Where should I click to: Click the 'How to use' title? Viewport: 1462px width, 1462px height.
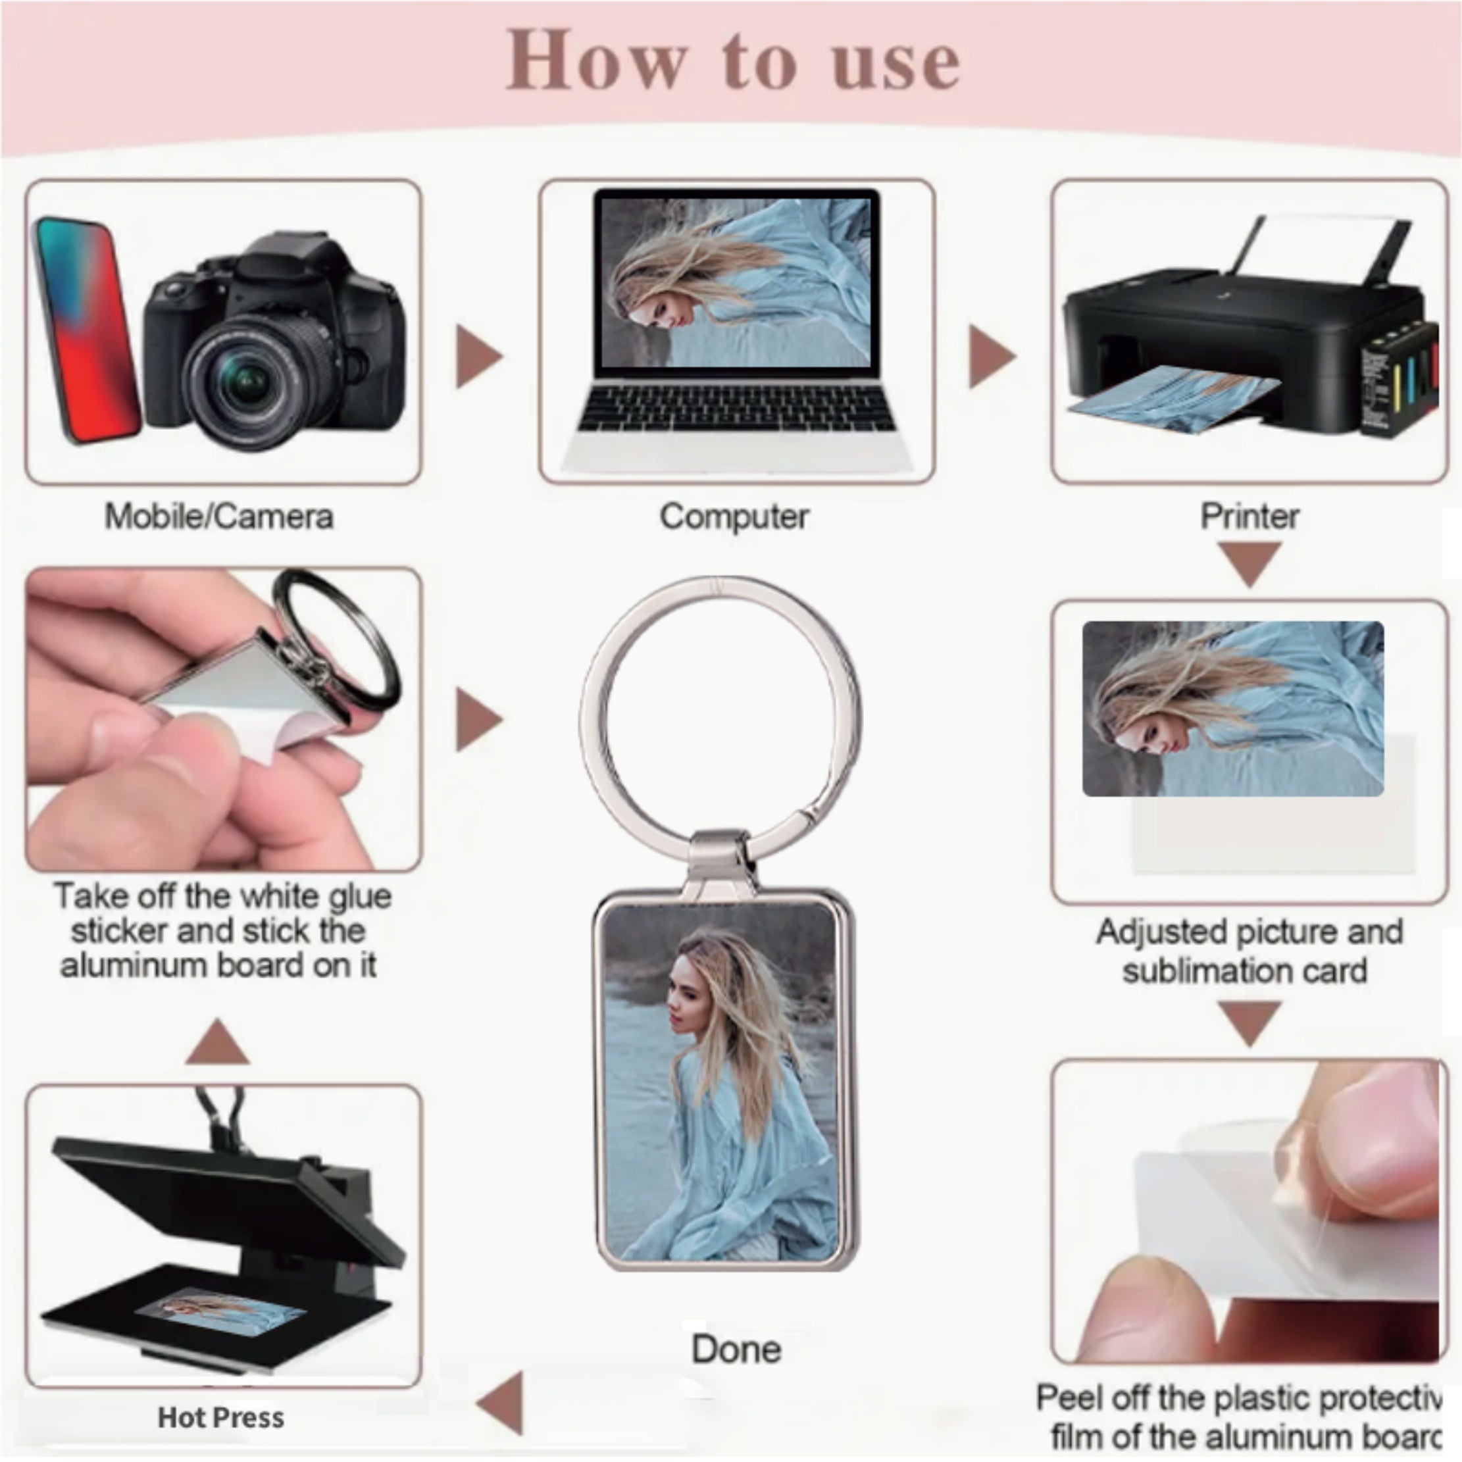pos(732,63)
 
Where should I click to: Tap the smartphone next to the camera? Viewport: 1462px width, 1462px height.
pos(85,331)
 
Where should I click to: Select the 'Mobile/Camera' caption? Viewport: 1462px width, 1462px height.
pos(218,517)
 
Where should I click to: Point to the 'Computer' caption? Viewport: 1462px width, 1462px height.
pos(734,517)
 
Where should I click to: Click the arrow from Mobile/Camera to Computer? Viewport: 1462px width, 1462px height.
pos(478,357)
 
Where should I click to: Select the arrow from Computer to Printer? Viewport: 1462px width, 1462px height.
pos(992,357)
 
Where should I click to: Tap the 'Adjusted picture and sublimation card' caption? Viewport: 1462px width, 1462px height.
pos(1249,951)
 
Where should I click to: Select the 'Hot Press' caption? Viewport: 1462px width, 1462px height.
pos(221,1417)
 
